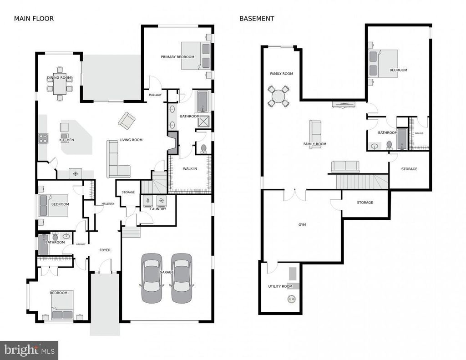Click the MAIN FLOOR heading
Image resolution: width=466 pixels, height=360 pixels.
(x=33, y=19)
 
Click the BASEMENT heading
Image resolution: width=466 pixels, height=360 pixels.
(x=257, y=19)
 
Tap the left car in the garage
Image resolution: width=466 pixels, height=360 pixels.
(x=151, y=278)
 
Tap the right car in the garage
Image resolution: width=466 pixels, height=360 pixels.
(x=181, y=278)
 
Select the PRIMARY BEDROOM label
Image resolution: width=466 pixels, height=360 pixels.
(x=177, y=57)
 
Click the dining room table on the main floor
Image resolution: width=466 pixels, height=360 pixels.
(x=59, y=86)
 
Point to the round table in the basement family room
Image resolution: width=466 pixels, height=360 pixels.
(x=278, y=96)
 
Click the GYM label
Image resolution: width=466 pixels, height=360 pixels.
(x=302, y=225)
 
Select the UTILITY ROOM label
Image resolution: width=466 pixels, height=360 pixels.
(x=280, y=286)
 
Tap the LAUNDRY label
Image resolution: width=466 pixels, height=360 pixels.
(x=158, y=209)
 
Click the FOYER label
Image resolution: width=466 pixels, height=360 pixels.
(x=105, y=250)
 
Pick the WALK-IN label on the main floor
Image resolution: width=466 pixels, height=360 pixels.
(x=189, y=168)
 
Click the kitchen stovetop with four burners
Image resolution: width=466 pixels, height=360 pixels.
(x=43, y=138)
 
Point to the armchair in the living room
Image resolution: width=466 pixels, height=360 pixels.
(x=127, y=121)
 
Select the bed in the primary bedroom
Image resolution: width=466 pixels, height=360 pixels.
(x=196, y=56)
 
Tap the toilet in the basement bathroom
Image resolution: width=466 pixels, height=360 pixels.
(x=389, y=145)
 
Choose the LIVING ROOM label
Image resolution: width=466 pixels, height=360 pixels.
(x=131, y=140)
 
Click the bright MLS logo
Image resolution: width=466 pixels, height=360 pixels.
(x=29, y=350)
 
